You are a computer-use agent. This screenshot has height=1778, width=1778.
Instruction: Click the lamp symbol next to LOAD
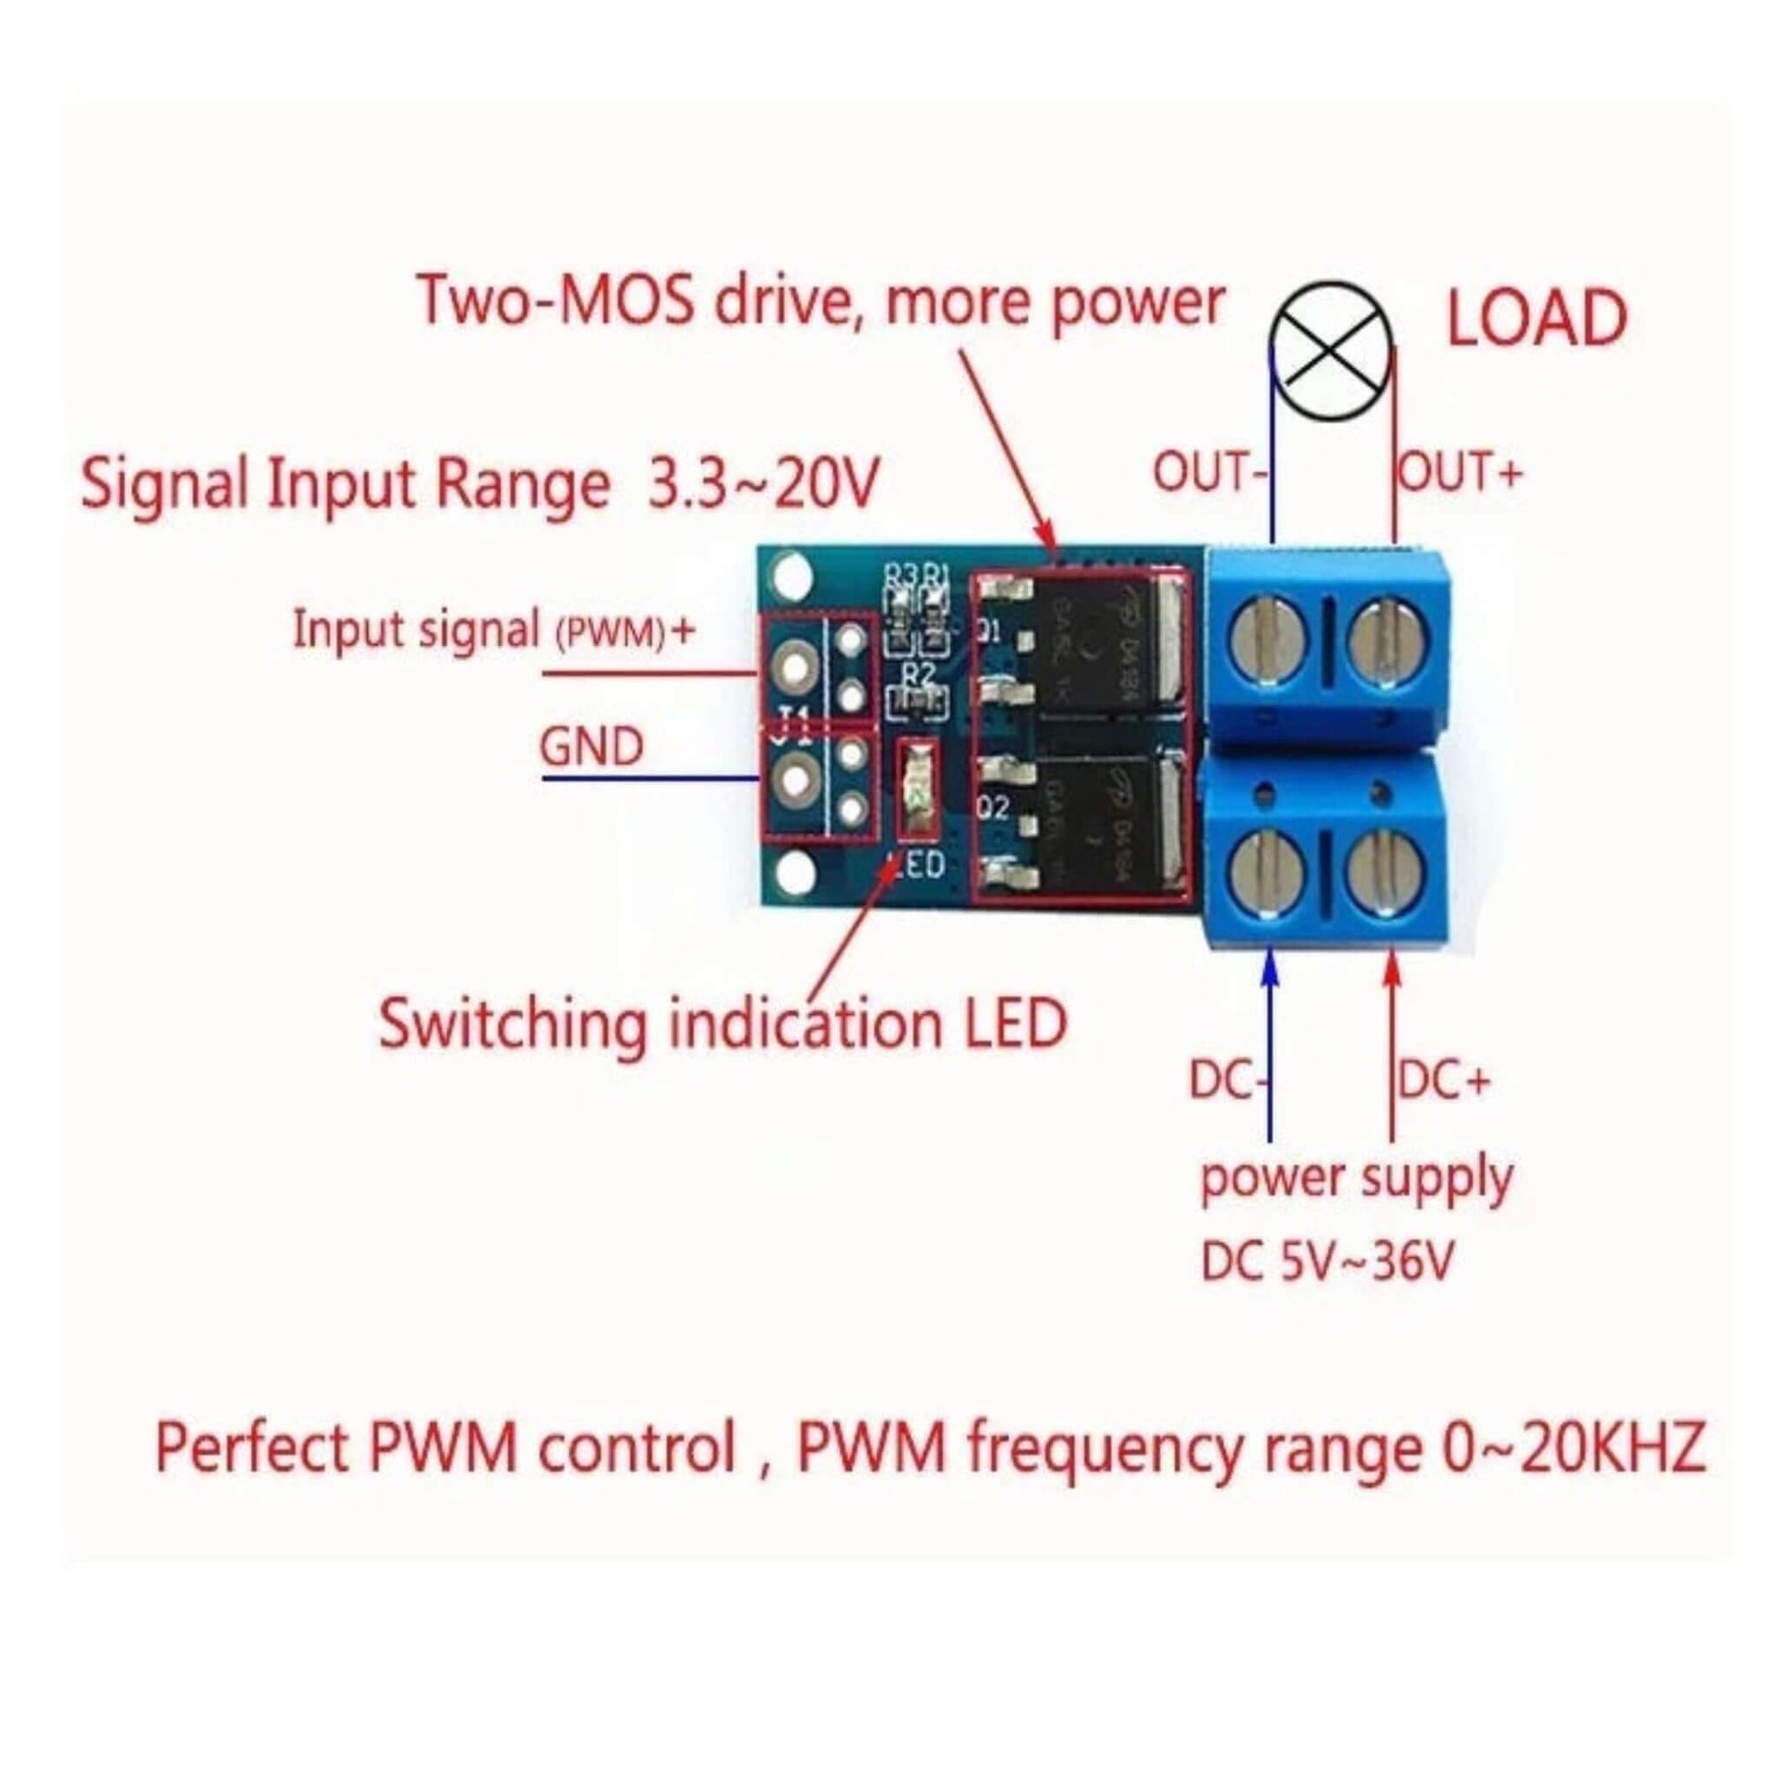(1331, 354)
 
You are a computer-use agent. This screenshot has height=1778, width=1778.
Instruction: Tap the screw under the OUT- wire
(1268, 640)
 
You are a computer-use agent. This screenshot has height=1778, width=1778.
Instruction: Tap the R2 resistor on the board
(916, 705)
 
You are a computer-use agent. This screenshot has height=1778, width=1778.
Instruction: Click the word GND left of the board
(591, 746)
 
